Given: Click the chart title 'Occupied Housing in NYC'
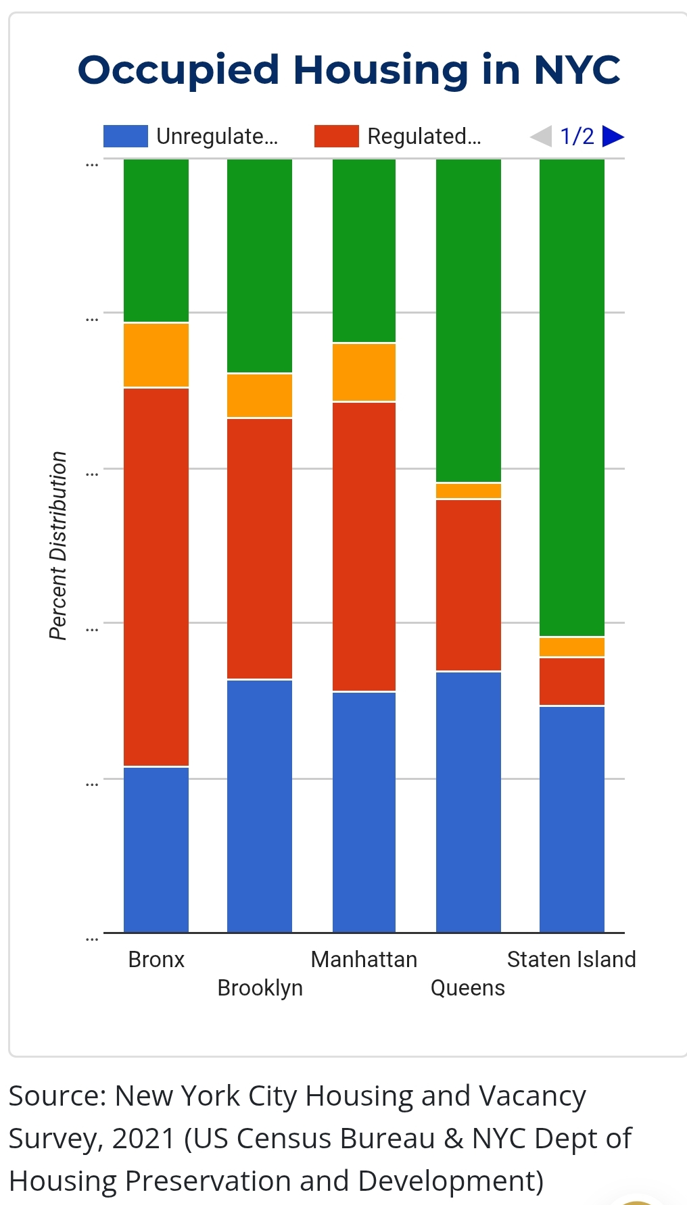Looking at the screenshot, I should [x=349, y=70].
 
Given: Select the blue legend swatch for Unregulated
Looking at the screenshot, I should [x=125, y=136].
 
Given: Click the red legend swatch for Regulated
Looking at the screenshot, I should [x=336, y=136].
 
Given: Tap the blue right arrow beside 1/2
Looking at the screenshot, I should [x=612, y=136].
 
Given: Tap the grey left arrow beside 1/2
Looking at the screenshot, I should [x=541, y=136].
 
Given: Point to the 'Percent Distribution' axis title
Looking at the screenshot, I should [x=58, y=545].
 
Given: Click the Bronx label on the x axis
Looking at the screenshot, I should [x=156, y=959].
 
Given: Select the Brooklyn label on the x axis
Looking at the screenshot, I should [x=260, y=987].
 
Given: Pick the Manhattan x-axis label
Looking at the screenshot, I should [x=364, y=959].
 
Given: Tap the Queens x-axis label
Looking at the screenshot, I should [x=468, y=987].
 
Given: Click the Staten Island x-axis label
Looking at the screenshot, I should [x=571, y=959].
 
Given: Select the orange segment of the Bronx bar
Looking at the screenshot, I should [x=156, y=355].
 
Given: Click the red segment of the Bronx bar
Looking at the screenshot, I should [x=156, y=576].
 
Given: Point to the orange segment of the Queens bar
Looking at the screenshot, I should [x=469, y=491].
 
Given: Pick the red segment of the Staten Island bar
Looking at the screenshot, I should [x=572, y=681].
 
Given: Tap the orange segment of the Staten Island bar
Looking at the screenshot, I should [x=572, y=647].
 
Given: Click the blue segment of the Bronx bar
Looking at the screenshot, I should [x=156, y=850].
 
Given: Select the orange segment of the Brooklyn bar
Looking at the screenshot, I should [x=260, y=395].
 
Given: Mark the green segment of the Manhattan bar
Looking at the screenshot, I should [x=364, y=251].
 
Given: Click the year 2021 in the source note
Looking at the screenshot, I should [x=144, y=1138].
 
